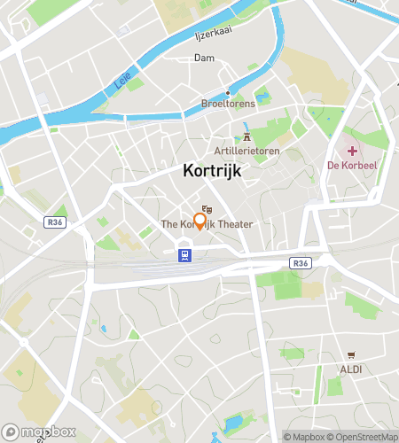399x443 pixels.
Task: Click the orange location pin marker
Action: (x=199, y=221)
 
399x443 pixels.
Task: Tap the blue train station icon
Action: (x=184, y=256)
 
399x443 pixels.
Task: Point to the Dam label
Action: (x=204, y=58)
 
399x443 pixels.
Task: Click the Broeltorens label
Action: (x=228, y=104)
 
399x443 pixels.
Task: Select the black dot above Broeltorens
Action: (x=228, y=92)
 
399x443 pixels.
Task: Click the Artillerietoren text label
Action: (x=246, y=150)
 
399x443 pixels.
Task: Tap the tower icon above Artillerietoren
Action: (x=246, y=136)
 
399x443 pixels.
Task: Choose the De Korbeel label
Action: (x=353, y=165)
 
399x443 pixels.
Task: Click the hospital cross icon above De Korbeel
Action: (x=353, y=150)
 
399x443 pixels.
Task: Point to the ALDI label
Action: (x=351, y=368)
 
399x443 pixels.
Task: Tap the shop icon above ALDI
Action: (x=351, y=354)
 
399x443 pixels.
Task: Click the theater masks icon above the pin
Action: (x=207, y=208)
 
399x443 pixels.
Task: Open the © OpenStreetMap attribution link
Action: (x=364, y=436)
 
